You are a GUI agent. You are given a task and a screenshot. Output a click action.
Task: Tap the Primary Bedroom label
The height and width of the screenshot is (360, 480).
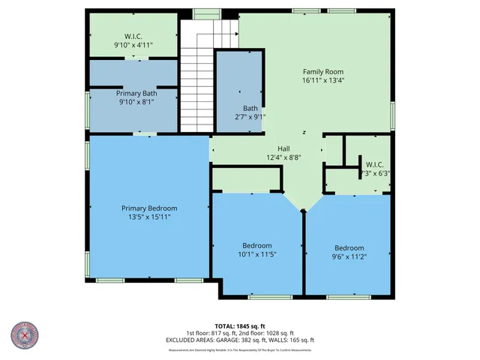(149, 208)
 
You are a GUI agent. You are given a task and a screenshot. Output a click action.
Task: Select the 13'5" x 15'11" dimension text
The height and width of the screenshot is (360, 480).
(149, 217)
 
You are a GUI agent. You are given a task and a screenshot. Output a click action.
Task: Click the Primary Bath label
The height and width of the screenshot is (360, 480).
(133, 94)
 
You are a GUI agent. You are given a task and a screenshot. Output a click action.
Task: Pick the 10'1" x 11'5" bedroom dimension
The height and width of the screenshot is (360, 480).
(256, 254)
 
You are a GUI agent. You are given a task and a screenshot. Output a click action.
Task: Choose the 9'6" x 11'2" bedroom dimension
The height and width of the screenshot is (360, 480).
(349, 256)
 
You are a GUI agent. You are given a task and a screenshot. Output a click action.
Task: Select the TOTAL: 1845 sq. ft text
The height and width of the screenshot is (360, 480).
(240, 325)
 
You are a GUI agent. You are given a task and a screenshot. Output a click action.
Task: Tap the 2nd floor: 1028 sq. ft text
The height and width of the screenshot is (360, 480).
(268, 333)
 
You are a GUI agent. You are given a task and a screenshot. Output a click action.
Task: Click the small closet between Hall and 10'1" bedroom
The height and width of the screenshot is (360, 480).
(247, 180)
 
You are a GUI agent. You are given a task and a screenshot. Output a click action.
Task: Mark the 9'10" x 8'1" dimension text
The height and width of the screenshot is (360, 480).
(133, 103)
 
